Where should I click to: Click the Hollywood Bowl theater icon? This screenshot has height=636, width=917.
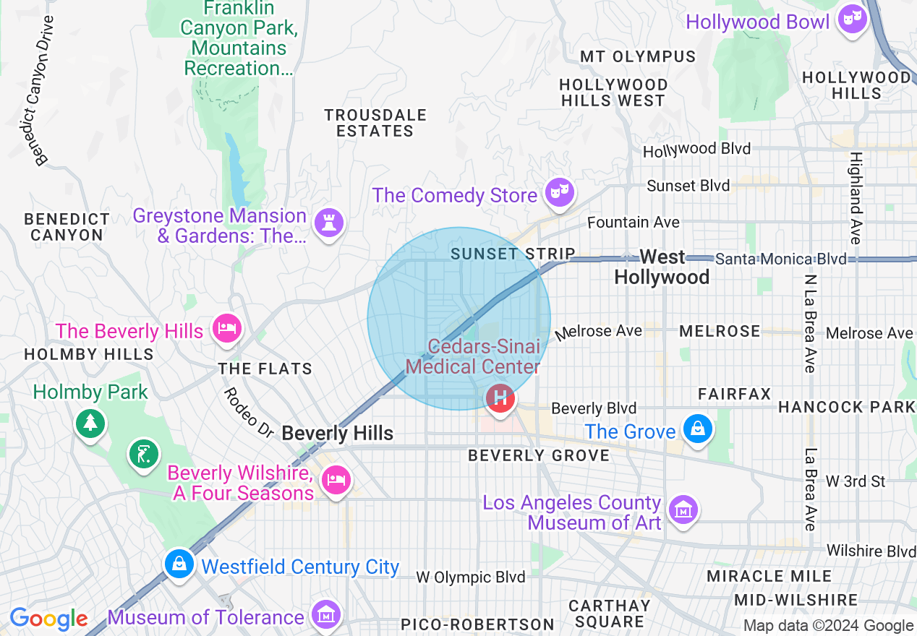pyautogui.click(x=853, y=19)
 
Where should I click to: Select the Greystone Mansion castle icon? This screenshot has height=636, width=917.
pyautogui.click(x=328, y=223)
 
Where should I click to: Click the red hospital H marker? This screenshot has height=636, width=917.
pyautogui.click(x=500, y=397)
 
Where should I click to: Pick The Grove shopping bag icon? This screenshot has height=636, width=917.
pyautogui.click(x=697, y=429)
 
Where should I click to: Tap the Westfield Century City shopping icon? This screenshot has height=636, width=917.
pyautogui.click(x=179, y=564)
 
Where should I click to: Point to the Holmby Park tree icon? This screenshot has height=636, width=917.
pyautogui.click(x=90, y=421)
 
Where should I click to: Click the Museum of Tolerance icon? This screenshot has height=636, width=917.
pyautogui.click(x=325, y=614)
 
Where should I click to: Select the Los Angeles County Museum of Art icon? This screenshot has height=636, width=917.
pyautogui.click(x=682, y=510)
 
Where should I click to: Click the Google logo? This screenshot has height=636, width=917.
pyautogui.click(x=48, y=619)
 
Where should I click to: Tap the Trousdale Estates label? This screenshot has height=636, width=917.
pyautogui.click(x=375, y=123)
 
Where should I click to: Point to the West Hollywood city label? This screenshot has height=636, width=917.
pyautogui.click(x=662, y=267)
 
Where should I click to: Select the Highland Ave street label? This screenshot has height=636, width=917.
pyautogui.click(x=856, y=197)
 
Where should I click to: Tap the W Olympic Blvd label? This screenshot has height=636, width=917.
pyautogui.click(x=470, y=577)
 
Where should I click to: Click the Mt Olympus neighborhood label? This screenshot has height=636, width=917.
pyautogui.click(x=638, y=56)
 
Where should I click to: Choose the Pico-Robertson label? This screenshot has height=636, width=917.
pyautogui.click(x=477, y=624)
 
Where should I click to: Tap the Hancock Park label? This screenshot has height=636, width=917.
pyautogui.click(x=846, y=407)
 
